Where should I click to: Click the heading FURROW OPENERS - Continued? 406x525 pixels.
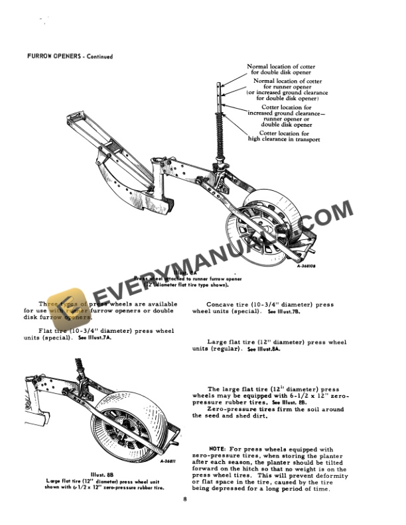70,56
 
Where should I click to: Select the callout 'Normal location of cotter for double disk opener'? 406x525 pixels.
281,70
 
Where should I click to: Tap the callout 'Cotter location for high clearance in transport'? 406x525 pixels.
284,137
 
